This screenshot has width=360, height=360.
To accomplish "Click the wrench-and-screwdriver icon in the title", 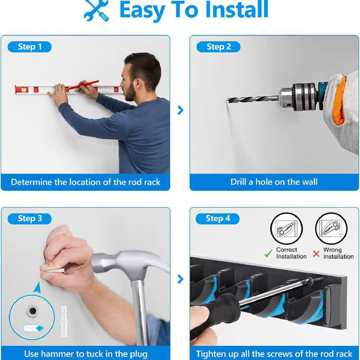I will click(x=97, y=10).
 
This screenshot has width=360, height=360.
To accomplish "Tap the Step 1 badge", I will click(x=29, y=47).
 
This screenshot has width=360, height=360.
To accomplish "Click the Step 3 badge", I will click(x=29, y=218).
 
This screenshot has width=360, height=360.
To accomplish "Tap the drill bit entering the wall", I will click(x=252, y=98).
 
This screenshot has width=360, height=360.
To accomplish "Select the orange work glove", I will click(x=339, y=99).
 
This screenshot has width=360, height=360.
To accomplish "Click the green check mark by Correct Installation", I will click(x=268, y=253).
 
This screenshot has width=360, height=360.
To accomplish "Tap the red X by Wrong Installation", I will click(x=316, y=253).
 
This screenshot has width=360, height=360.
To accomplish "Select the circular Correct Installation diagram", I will click(x=286, y=229).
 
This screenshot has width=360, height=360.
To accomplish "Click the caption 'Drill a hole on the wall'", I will click(x=274, y=182).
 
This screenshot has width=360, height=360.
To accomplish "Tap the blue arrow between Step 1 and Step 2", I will click(x=180, y=110).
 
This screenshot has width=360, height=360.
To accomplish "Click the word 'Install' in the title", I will click(x=227, y=10).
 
